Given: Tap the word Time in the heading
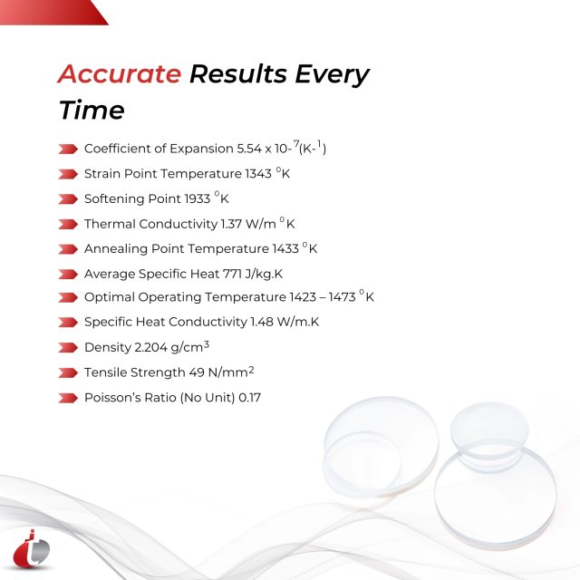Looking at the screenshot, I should click(92, 111).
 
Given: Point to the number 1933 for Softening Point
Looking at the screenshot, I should click(197, 198).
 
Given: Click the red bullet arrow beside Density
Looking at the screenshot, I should click(68, 347).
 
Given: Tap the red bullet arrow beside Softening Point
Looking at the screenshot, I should click(68, 198).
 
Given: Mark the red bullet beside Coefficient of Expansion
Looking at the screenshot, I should click(68, 149).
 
